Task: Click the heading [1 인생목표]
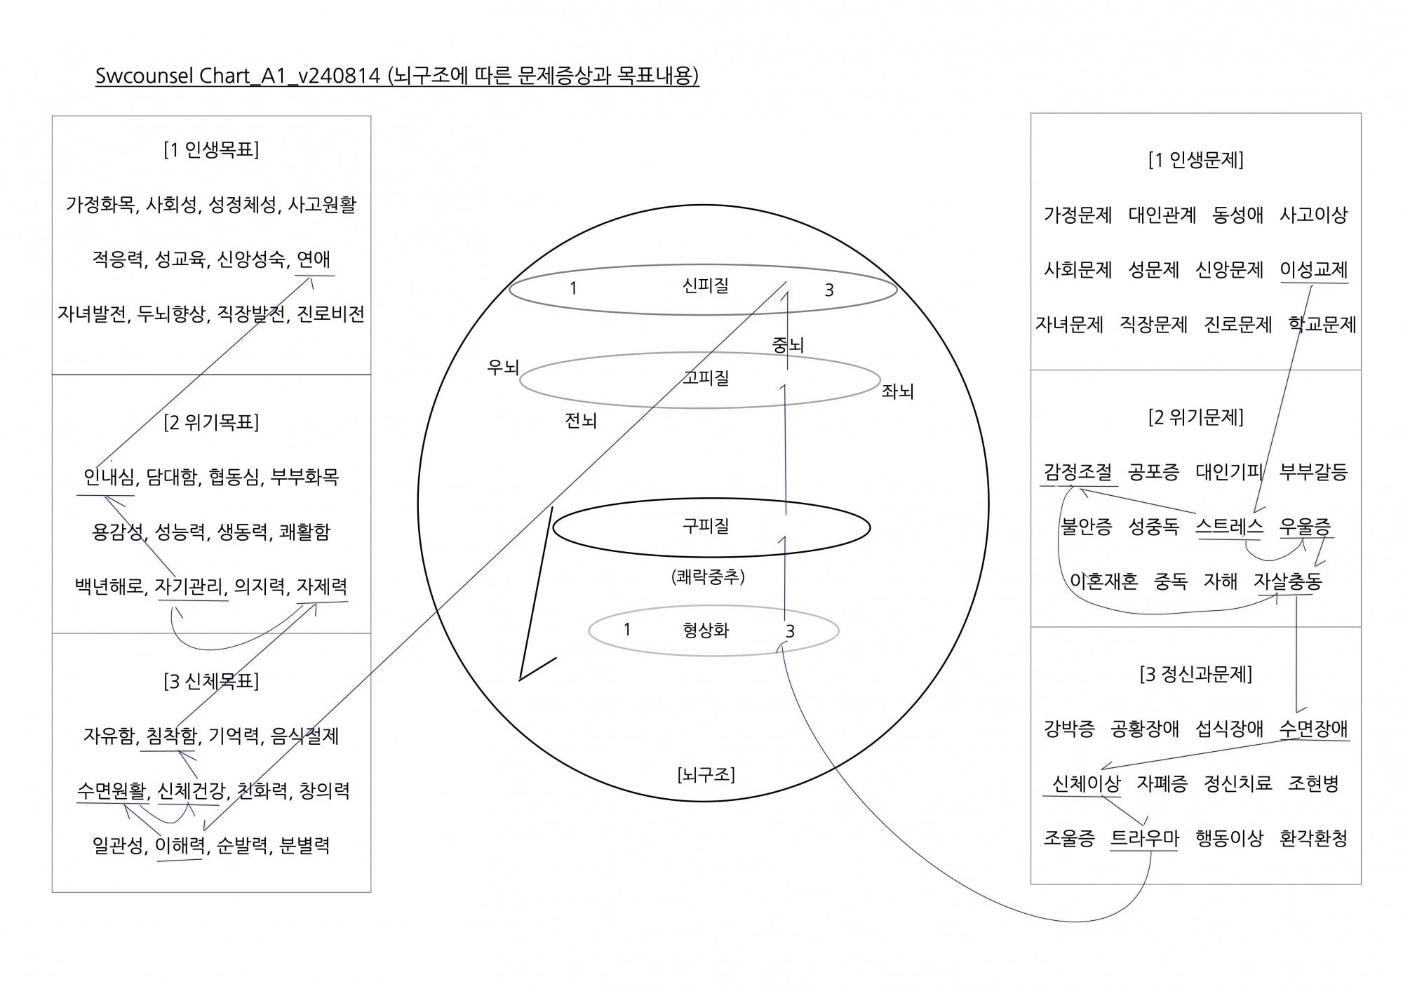211,150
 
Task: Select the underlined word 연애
314,259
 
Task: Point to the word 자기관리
191,586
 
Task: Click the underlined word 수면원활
112,791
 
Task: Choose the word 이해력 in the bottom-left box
180,846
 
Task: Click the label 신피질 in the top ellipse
706,285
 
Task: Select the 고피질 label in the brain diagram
706,378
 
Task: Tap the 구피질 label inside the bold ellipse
706,526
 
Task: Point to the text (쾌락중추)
708,577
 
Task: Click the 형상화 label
706,630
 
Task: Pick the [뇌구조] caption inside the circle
706,775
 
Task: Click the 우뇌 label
503,367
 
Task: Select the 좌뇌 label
897,391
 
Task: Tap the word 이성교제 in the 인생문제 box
1314,270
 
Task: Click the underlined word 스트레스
1229,527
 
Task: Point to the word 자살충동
1288,581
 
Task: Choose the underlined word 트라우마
1145,839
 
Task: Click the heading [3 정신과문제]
1196,675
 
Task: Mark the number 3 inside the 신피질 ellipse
829,290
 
